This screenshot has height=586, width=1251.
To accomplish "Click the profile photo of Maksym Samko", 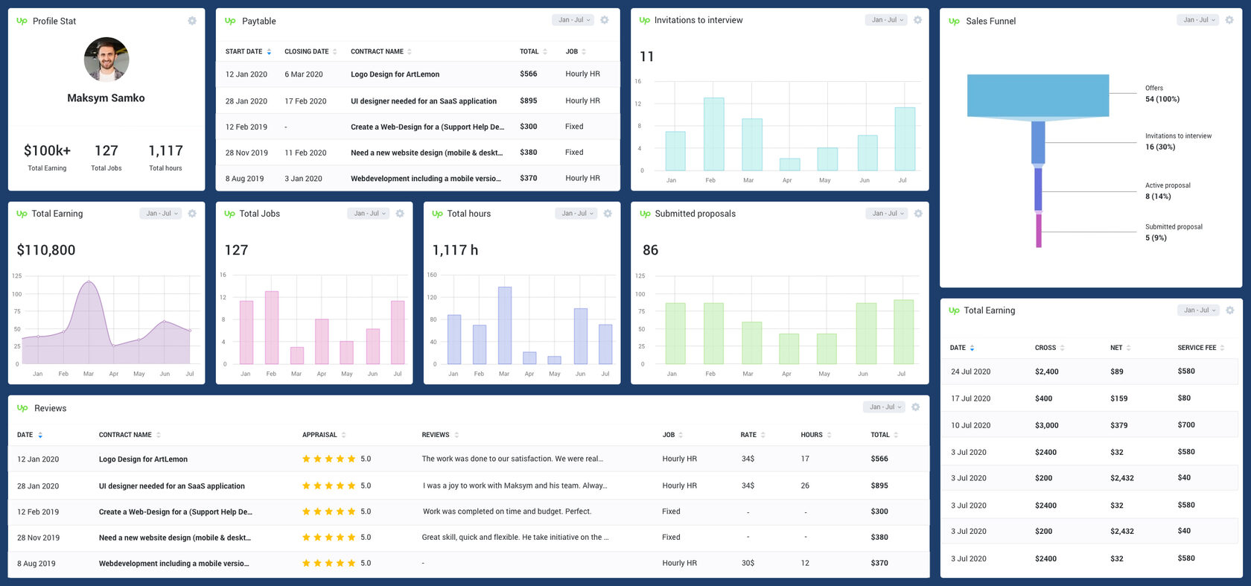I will coord(106,60).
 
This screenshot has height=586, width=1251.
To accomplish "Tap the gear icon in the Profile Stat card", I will coord(192,21).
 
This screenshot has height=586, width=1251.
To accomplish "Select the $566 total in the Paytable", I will coord(529,74).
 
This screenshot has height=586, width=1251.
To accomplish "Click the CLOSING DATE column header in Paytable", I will coord(307,51).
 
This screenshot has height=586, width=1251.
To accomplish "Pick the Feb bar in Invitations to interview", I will coord(713,134).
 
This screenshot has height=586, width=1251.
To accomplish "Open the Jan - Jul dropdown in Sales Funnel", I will coord(1197,20).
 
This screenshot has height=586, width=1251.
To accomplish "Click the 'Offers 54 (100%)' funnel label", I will coord(1162,94).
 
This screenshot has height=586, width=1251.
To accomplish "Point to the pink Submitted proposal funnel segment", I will coord(1039,230).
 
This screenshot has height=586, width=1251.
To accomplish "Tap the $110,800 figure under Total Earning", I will coord(46,250).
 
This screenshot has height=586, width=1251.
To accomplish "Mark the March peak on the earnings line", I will coord(89,281).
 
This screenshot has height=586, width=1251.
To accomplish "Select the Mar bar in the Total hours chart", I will coord(505,325).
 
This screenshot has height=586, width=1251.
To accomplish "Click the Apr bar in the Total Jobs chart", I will coord(322,341).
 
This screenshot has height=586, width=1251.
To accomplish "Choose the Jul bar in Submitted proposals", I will coord(903,331).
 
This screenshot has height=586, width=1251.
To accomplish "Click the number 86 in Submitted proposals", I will coord(650,250).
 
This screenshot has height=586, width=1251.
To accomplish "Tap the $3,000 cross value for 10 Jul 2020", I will coord(1046,425).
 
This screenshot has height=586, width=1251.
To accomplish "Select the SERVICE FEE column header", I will coord(1196,348).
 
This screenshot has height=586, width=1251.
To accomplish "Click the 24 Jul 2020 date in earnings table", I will coord(970,372).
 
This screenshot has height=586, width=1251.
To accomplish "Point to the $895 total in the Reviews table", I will coord(879,485).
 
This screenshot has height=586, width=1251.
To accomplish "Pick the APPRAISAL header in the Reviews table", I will coord(319,435).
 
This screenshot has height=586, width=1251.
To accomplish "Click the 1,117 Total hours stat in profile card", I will coord(165,151).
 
